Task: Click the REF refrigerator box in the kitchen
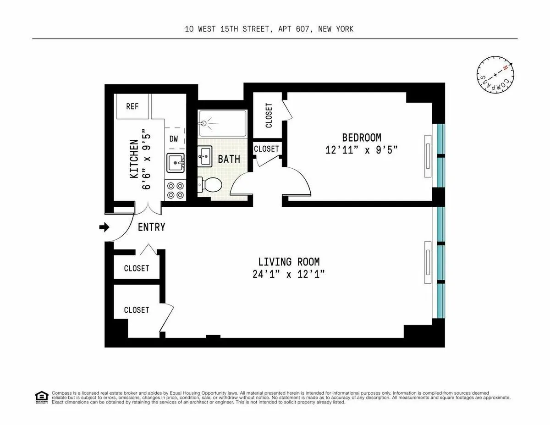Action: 132,106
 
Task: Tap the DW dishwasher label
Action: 174,138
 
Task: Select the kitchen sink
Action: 176,163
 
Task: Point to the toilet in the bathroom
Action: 209,185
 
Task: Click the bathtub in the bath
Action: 222,123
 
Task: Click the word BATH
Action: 229,160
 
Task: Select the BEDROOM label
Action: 362,138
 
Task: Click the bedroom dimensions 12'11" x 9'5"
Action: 362,150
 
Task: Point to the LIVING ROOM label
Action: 289,262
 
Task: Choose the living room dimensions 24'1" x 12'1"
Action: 289,274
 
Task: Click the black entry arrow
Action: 104,227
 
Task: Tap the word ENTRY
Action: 151,227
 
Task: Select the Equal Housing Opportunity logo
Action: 41,397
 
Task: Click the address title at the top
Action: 269,29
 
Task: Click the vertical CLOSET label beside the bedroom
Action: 269,115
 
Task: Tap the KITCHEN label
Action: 134,159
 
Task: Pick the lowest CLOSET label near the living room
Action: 137,310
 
